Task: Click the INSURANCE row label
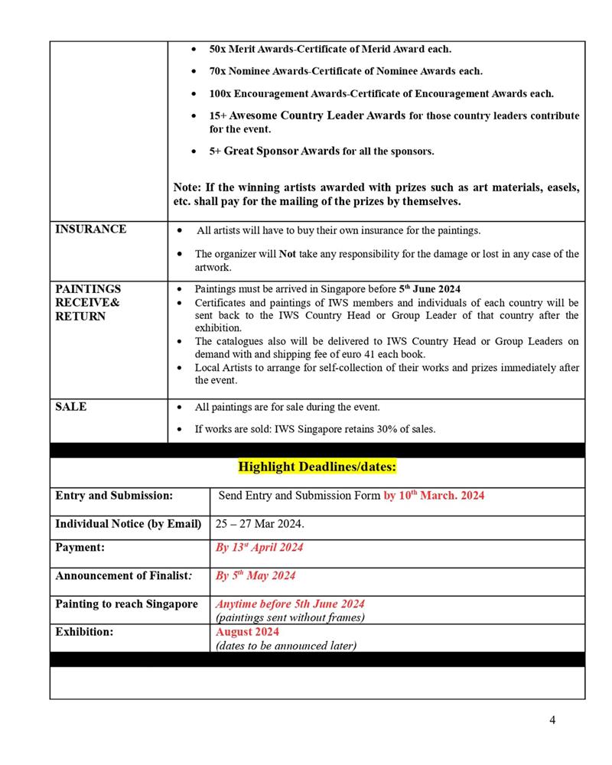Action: (x=91, y=229)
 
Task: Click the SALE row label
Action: (x=71, y=407)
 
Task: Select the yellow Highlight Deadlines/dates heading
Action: (x=317, y=466)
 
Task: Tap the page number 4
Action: (x=552, y=720)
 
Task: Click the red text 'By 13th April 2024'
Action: (x=259, y=547)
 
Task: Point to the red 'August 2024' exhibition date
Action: (x=247, y=632)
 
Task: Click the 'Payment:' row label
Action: (x=80, y=547)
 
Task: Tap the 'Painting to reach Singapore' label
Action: (x=126, y=604)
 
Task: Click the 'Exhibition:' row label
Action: (x=84, y=632)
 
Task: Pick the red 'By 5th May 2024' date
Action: (x=256, y=575)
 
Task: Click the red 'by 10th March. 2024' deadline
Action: (x=434, y=496)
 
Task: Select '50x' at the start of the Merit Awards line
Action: (x=220, y=49)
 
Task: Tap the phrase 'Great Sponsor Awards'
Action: (x=282, y=151)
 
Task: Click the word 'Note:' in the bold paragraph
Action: (x=188, y=187)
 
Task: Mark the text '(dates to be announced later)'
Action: (x=285, y=646)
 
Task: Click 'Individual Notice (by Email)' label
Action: (x=128, y=524)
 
